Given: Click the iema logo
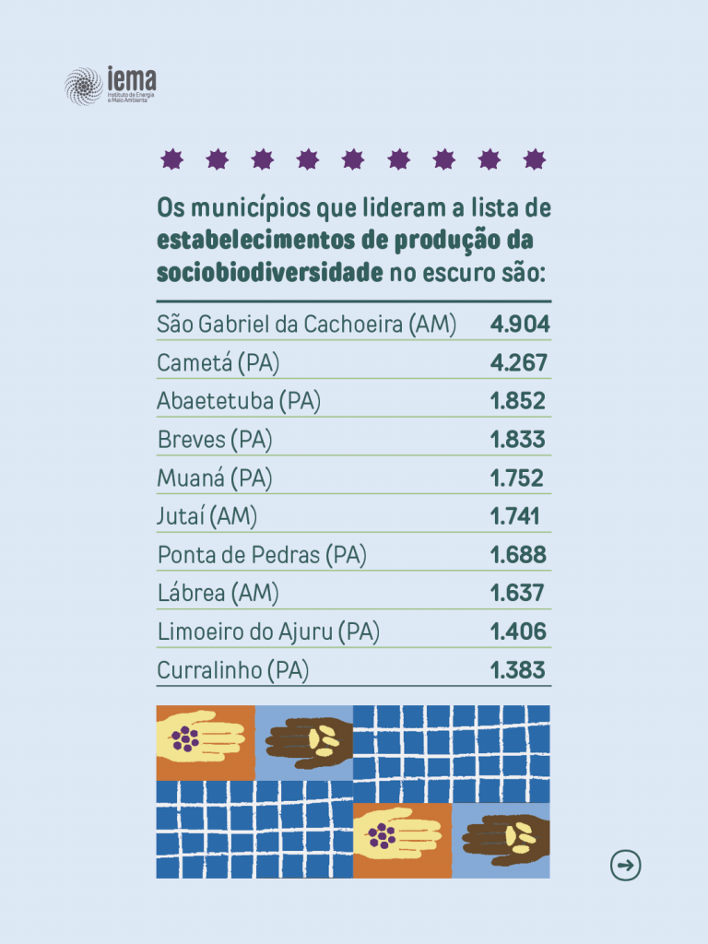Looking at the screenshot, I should (110, 86).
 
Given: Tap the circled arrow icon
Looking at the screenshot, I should (625, 865).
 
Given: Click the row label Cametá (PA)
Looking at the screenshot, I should (218, 363).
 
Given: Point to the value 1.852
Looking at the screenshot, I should (518, 401).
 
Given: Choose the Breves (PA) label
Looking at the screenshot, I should (215, 440).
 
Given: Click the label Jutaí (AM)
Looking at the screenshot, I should (207, 516).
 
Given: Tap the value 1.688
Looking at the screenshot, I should (518, 555).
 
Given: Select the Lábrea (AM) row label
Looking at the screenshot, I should (218, 593).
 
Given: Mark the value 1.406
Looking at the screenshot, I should (518, 631).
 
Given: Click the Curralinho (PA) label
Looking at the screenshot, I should (233, 670).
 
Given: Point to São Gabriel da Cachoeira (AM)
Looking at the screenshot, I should (307, 324).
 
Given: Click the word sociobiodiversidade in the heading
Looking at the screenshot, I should (269, 272).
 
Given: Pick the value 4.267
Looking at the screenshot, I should (519, 362).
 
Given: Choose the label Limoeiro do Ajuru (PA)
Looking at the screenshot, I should (268, 631).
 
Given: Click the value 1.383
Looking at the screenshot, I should (518, 670).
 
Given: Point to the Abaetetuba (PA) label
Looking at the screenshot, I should (239, 401).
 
